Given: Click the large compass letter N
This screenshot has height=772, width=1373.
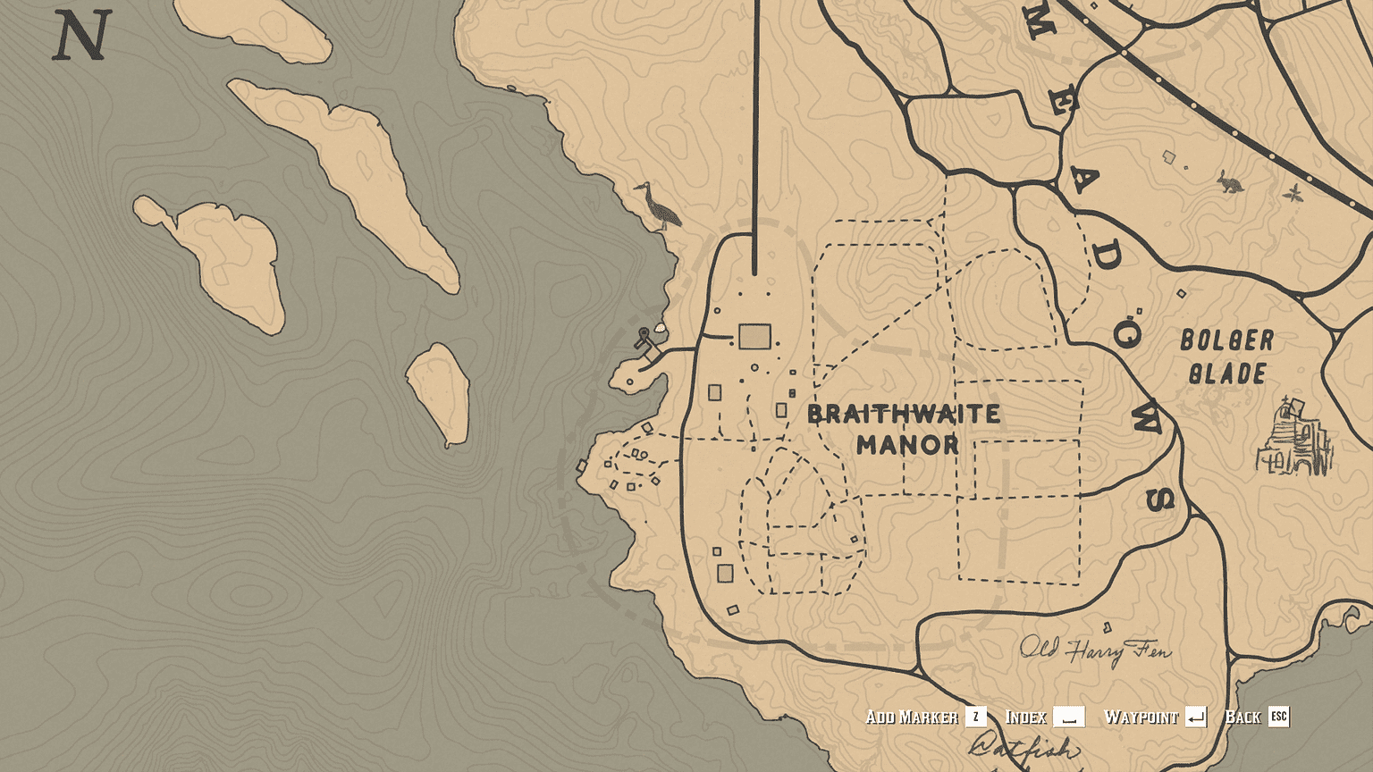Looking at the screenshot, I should tap(81, 37).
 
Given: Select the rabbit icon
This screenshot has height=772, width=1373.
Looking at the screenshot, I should tap(1230, 183).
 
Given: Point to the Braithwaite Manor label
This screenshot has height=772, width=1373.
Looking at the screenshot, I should tap(904, 429).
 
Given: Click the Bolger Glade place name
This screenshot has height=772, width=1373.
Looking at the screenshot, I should tap(1226, 357).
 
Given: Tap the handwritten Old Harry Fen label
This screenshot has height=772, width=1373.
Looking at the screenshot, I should tap(1094, 650).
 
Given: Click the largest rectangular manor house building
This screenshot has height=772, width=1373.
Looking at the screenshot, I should tap(754, 337).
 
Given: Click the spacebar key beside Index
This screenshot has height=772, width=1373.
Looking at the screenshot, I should tap(1068, 717).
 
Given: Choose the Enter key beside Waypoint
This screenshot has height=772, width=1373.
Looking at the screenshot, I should tap(1195, 717).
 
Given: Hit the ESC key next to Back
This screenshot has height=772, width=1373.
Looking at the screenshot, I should tap(1278, 717).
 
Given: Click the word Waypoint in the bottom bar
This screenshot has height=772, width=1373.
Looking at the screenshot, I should tap(1141, 717).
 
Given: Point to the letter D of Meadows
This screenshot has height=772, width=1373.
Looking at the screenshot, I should tap(1106, 257).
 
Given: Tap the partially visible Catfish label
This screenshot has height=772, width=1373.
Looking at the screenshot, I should tap(1023, 747).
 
